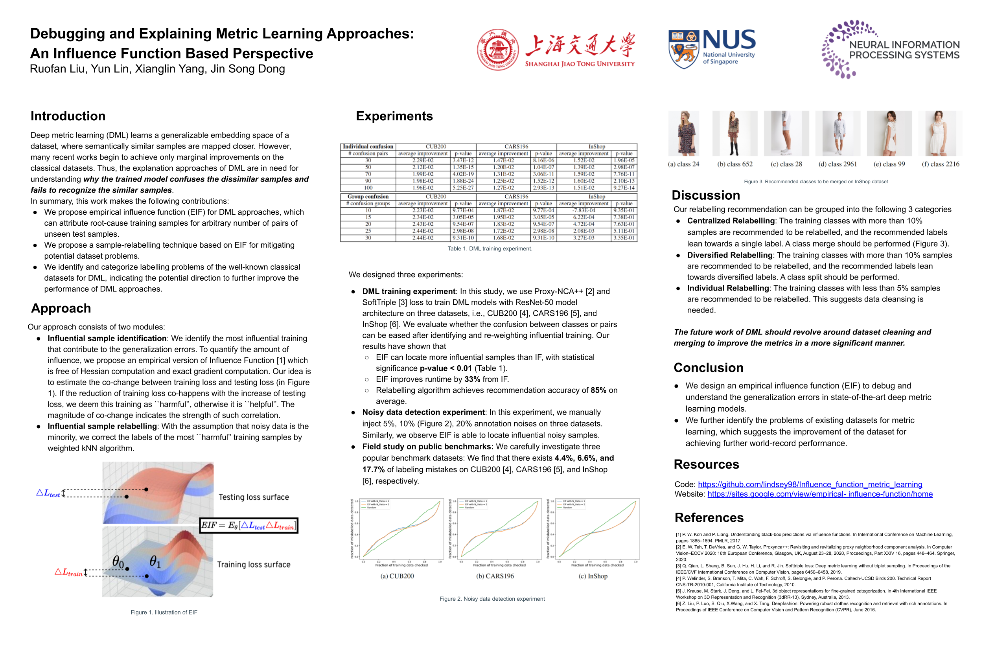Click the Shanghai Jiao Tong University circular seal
point(497,50)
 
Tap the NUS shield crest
point(683,49)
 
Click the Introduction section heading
point(68,116)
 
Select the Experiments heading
point(394,116)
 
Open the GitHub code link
point(810,484)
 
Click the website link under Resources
point(820,494)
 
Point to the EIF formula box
point(249,526)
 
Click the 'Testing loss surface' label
point(254,497)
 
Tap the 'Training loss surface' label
point(254,564)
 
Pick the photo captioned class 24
point(683,133)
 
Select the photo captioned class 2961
point(837,133)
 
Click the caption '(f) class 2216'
point(941,164)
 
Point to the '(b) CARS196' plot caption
point(495,576)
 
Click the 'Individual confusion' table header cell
point(368,147)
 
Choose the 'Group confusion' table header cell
point(368,196)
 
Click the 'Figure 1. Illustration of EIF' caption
point(164,613)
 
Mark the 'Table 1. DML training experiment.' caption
point(490,248)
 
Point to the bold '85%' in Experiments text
point(598,390)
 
